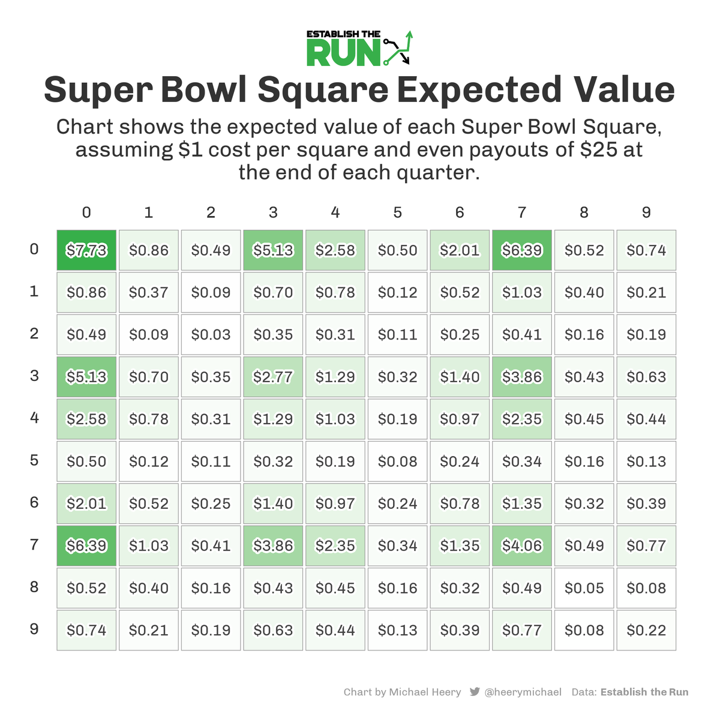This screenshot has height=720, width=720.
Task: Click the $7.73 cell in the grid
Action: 86,250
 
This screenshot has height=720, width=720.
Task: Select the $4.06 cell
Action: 522,546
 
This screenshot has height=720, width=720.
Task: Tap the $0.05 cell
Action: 584,588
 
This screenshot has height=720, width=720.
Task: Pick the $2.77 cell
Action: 273,377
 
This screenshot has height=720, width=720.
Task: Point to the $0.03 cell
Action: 211,335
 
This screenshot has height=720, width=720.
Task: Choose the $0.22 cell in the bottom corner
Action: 646,630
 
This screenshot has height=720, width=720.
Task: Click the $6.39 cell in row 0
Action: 522,250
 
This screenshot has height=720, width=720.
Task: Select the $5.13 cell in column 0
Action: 86,377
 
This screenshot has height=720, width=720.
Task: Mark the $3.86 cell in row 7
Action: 273,546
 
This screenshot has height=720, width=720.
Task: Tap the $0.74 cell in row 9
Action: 86,630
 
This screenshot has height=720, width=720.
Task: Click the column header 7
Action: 522,212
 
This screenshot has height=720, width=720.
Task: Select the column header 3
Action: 273,212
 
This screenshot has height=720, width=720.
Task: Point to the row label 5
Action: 34,460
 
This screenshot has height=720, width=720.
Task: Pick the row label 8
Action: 34,587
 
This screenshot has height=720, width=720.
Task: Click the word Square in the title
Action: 323,90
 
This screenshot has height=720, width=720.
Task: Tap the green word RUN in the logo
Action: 343,53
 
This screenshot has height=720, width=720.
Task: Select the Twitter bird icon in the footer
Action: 475,692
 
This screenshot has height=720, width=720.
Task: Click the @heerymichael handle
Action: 523,692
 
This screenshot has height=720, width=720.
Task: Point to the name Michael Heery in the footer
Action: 425,692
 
